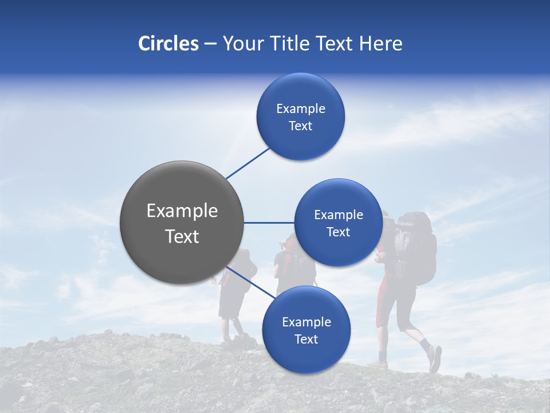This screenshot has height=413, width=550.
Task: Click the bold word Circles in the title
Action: tap(168, 44)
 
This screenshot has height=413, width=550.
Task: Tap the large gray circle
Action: tap(182, 223)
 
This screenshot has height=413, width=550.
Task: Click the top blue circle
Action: tap(300, 117)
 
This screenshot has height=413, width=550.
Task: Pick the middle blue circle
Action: tap(338, 223)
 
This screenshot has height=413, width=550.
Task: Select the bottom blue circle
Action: tap(306, 330)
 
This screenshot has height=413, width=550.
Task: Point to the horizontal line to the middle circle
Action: tap(269, 223)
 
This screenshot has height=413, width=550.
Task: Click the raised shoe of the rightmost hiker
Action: tap(435, 359)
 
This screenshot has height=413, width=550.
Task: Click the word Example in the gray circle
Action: tap(182, 211)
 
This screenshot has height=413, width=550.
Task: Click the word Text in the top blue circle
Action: tap(300, 126)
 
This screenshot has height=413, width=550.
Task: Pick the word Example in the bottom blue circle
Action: tap(306, 322)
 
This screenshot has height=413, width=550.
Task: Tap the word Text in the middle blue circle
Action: tap(338, 232)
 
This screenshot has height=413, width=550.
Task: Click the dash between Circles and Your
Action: tap(210, 44)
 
